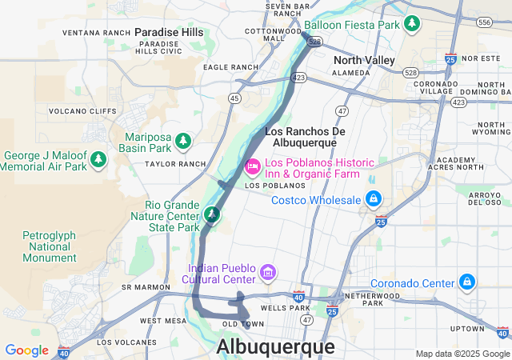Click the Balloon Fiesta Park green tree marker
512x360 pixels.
tap(413, 23)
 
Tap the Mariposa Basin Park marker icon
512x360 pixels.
tap(184, 142)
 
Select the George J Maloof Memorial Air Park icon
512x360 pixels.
tap(98, 160)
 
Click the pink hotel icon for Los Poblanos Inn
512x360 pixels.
tap(253, 166)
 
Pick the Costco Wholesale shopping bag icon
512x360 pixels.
tap(373, 198)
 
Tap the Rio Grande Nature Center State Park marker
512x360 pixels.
tap(212, 214)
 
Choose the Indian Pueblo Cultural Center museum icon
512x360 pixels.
tap(268, 275)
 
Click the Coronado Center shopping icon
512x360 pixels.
tap(467, 282)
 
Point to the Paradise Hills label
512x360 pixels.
tap(169, 31)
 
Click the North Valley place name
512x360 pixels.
tap(364, 60)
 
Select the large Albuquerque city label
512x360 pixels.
tap(276, 347)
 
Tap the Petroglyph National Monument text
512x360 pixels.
tap(60, 247)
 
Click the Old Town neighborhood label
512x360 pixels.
tap(242, 324)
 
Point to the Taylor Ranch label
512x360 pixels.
tap(170, 164)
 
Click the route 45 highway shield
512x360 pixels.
tap(234, 98)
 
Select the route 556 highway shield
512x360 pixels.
tap(483, 23)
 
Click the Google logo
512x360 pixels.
tap(26, 350)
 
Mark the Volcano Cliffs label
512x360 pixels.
tap(83, 111)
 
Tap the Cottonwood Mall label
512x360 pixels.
tap(266, 34)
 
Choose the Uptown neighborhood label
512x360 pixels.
tap(466, 329)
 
